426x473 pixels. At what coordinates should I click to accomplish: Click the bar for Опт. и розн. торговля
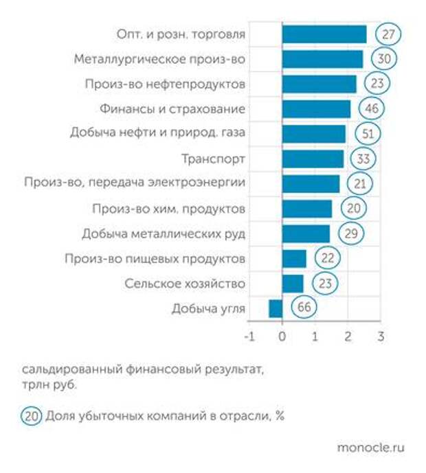coord(324,34)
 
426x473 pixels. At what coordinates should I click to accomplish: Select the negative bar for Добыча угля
coord(276,308)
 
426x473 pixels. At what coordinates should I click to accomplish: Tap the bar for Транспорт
coord(313,159)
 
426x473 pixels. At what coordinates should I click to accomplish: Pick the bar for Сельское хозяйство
coord(293,283)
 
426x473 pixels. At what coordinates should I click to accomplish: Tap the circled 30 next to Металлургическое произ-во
coord(384,59)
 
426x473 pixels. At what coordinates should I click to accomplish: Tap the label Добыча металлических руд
coord(164,233)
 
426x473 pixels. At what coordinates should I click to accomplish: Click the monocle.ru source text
coord(370,447)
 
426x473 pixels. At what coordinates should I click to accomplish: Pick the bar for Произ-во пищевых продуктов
coord(294,258)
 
